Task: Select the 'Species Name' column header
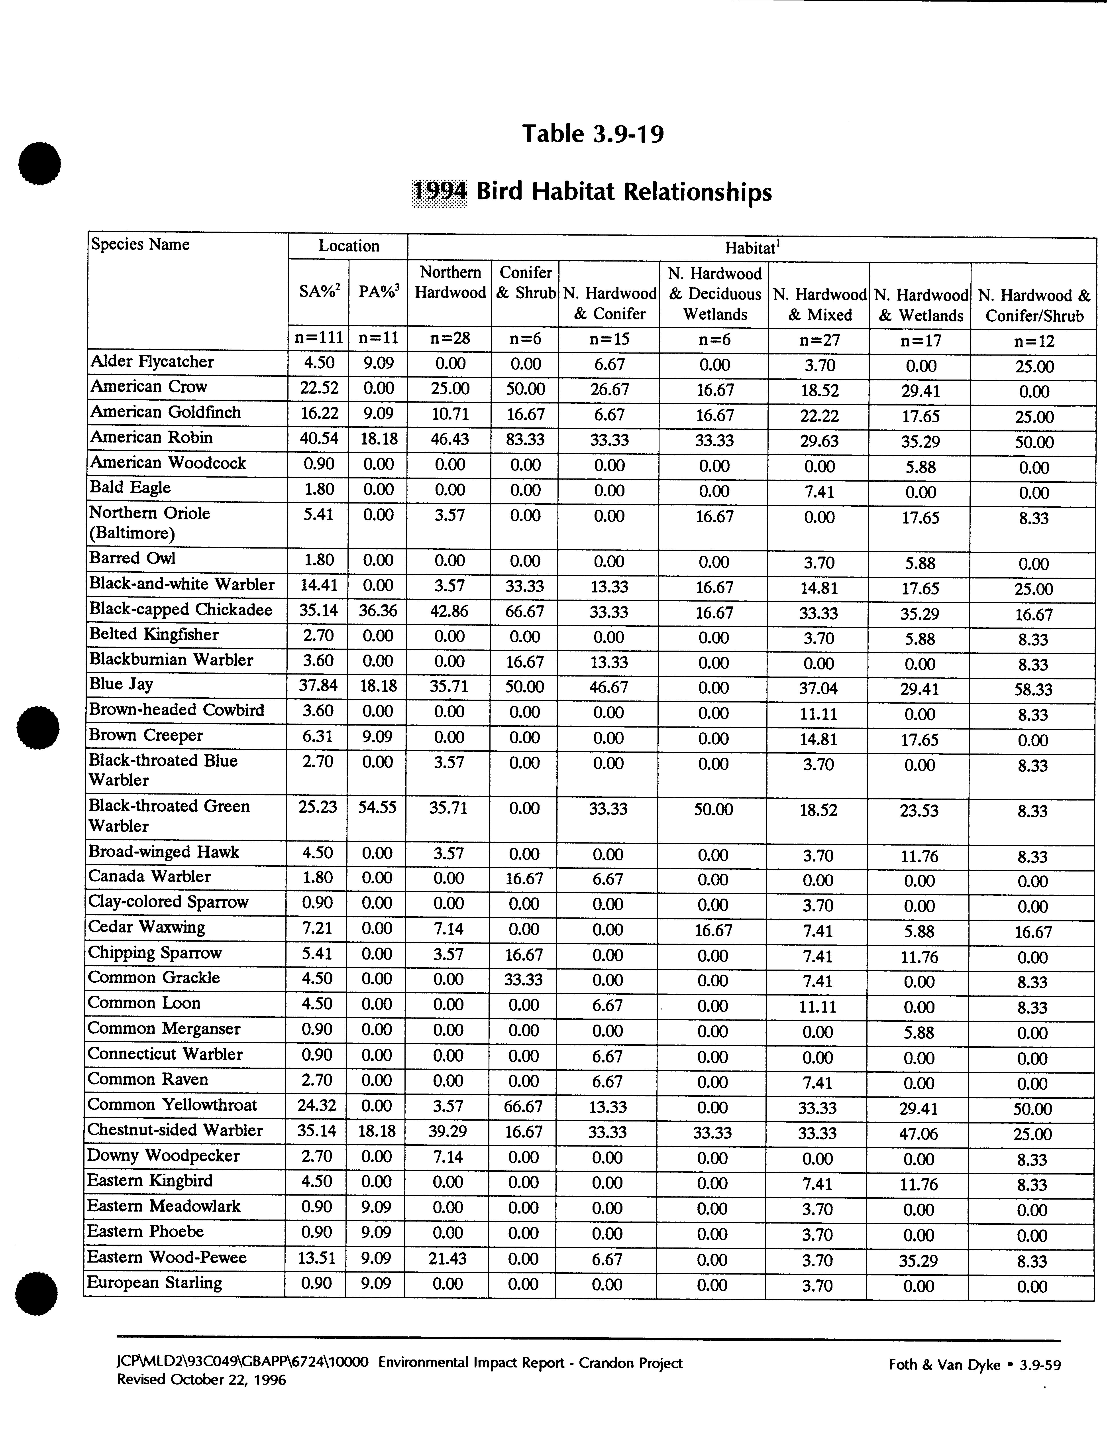tap(140, 244)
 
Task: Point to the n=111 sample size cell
tap(319, 338)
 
